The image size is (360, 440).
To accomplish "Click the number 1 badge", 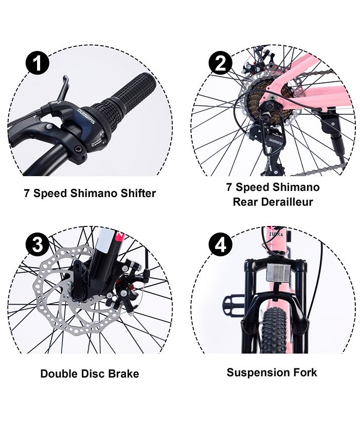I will click(37, 64).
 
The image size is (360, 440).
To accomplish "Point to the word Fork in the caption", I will click(304, 372).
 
